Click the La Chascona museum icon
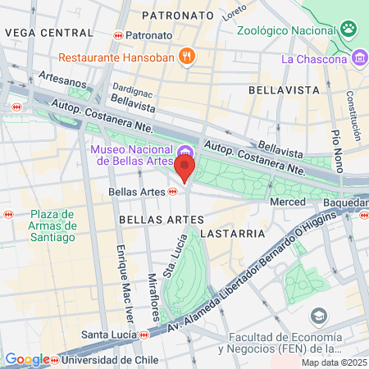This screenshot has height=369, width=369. tap(359, 58)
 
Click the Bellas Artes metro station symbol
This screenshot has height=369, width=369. tap(173, 192)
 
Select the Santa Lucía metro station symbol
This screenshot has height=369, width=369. tap(143, 335)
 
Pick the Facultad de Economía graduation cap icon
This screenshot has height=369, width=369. tap(318, 317)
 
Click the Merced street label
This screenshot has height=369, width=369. tap(288, 202)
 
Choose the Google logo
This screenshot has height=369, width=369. tap(26, 359)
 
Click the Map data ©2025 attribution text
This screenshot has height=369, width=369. tap(333, 362)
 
